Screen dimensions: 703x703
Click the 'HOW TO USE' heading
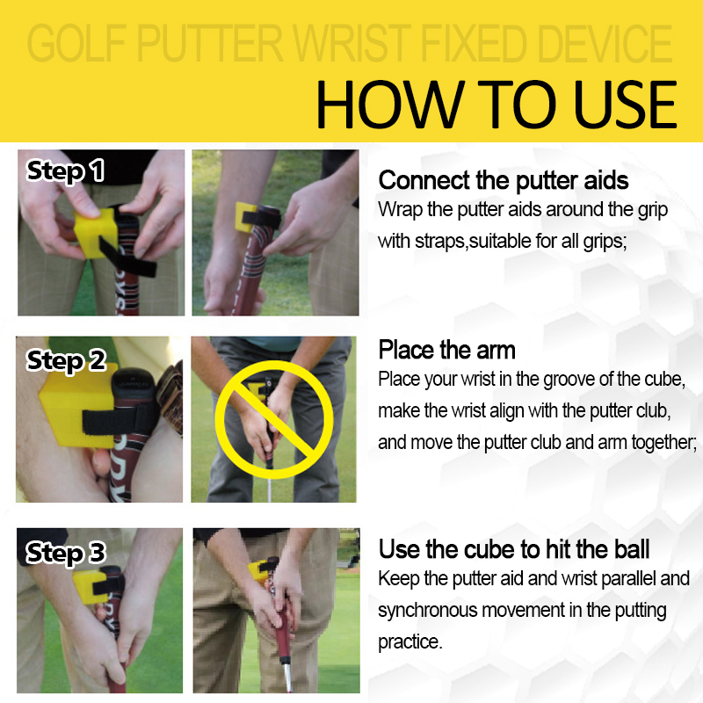496,105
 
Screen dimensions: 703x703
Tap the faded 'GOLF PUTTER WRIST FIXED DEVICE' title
350,43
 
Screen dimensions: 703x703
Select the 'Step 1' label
65,170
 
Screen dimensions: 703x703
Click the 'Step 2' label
66,361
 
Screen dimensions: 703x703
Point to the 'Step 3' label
65,553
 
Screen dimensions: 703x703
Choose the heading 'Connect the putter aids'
503,181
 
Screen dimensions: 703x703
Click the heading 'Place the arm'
446,350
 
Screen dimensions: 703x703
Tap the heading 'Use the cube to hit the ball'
514,550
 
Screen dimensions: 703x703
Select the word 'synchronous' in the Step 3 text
427,611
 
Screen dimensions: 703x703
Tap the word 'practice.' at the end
409,642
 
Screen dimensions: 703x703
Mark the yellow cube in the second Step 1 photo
246,217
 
